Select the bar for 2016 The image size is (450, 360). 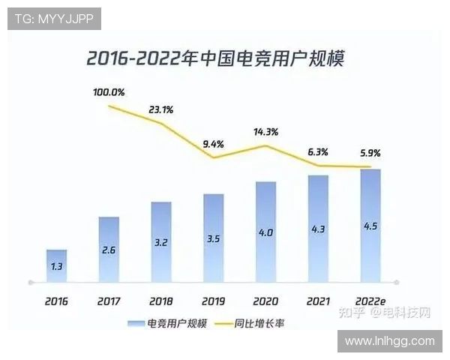[x=56, y=266]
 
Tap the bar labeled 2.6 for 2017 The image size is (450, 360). [x=109, y=250]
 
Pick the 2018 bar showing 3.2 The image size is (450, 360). [x=160, y=242]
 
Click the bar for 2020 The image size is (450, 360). [x=265, y=232]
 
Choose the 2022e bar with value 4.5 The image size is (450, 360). [x=370, y=226]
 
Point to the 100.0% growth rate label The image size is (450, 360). [x=109, y=93]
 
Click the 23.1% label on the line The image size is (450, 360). [x=160, y=109]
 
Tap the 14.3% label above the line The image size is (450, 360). [x=265, y=131]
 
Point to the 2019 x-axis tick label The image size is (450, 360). [x=213, y=301]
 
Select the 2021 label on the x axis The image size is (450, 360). [x=318, y=301]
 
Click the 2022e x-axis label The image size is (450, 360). [x=370, y=301]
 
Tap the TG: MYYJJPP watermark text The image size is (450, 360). [x=54, y=19]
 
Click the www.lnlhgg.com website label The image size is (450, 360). [x=389, y=341]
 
